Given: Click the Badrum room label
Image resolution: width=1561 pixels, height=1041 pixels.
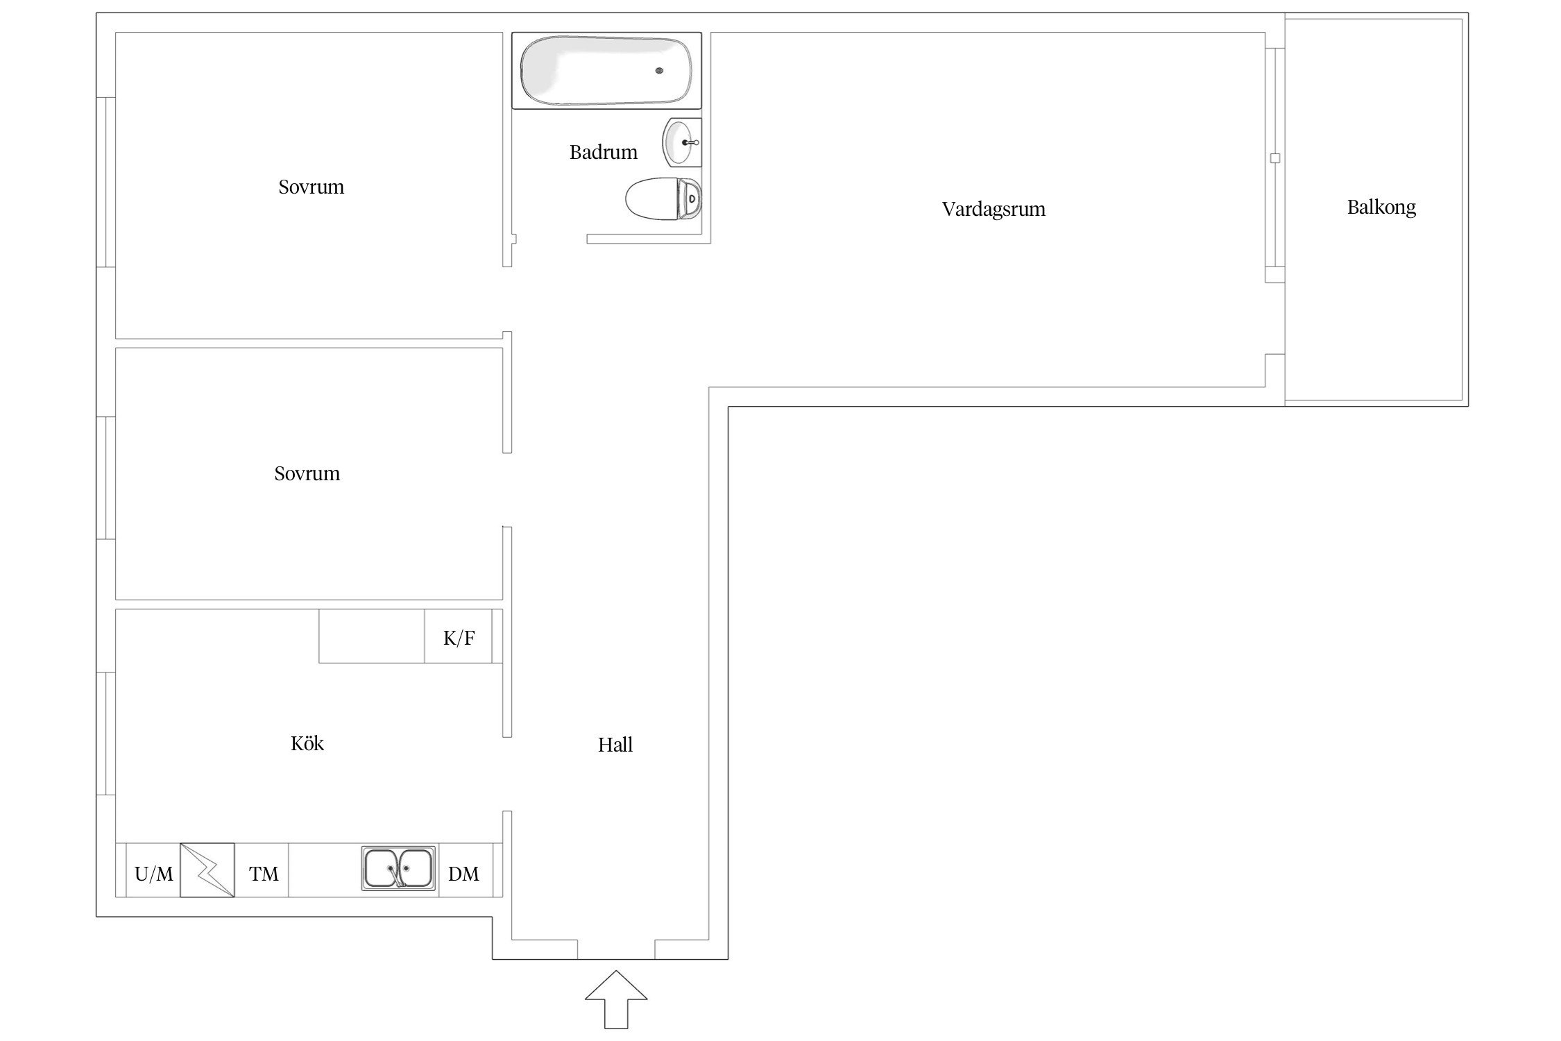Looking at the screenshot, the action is (x=603, y=152).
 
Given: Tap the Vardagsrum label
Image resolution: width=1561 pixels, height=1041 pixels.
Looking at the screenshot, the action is (x=993, y=210).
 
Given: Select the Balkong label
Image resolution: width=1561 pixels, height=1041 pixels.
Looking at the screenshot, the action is (x=1381, y=208).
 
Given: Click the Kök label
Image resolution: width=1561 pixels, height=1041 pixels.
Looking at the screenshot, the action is (x=307, y=743).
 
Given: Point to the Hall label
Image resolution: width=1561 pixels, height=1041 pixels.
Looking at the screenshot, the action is (x=615, y=745).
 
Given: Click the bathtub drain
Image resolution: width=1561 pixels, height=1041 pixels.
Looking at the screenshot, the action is (x=659, y=71).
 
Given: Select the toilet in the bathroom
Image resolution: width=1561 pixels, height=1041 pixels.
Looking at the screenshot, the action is (x=663, y=198).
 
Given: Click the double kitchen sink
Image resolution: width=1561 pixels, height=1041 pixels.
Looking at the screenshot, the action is (x=399, y=867).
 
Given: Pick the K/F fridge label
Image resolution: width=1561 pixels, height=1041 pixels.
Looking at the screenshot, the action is (x=459, y=638).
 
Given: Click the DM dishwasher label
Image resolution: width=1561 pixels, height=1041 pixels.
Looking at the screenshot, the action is (x=463, y=874).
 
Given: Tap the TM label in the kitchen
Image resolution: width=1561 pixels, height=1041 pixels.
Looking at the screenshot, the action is (x=264, y=874).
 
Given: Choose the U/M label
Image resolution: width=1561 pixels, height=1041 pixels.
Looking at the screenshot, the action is (x=153, y=874).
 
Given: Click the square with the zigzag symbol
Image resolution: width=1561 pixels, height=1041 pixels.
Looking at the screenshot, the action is (x=207, y=870).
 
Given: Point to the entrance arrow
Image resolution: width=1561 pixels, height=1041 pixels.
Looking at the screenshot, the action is (x=616, y=999).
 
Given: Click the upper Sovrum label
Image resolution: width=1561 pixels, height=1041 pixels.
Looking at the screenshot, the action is (x=311, y=187).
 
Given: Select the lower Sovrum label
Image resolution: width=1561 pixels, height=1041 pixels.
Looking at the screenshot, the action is (x=307, y=474).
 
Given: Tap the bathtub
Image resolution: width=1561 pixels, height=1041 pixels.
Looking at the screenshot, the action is (x=606, y=70).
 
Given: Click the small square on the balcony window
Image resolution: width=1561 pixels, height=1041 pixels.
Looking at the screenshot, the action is (x=1274, y=158).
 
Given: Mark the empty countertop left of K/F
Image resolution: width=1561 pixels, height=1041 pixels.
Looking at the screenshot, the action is (x=372, y=636).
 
